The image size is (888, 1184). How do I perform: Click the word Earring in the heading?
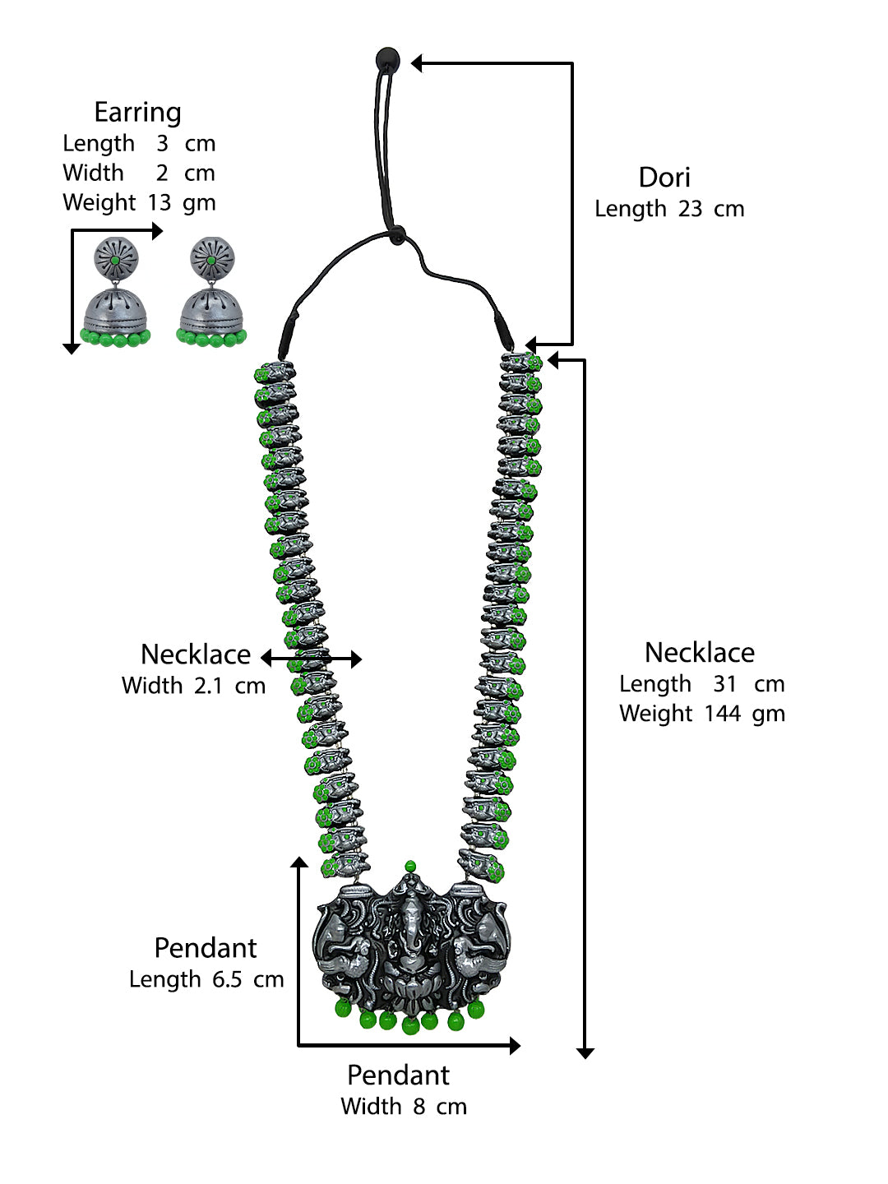coord(137,113)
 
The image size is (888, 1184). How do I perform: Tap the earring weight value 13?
coord(160,202)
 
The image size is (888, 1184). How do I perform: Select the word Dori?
coord(664,178)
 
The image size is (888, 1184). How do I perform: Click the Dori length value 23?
coord(690,209)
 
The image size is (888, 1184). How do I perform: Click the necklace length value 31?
coord(725,684)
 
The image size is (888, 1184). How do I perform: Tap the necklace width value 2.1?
coord(208,686)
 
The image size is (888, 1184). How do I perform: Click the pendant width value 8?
coord(419,1107)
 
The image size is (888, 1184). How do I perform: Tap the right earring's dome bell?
coord(211,311)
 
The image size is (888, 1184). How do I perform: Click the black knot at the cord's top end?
coord(386,59)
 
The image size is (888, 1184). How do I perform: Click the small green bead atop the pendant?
coord(410,867)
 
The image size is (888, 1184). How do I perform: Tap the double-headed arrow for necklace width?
coord(312,659)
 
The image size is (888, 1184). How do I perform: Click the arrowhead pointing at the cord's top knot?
coord(417,63)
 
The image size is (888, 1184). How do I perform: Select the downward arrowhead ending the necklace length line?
coord(585,1052)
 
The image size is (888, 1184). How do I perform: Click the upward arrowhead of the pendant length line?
coord(299,863)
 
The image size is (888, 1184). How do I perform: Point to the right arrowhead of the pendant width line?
coord(515,1045)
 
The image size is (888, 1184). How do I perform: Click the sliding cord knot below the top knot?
coord(396,236)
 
